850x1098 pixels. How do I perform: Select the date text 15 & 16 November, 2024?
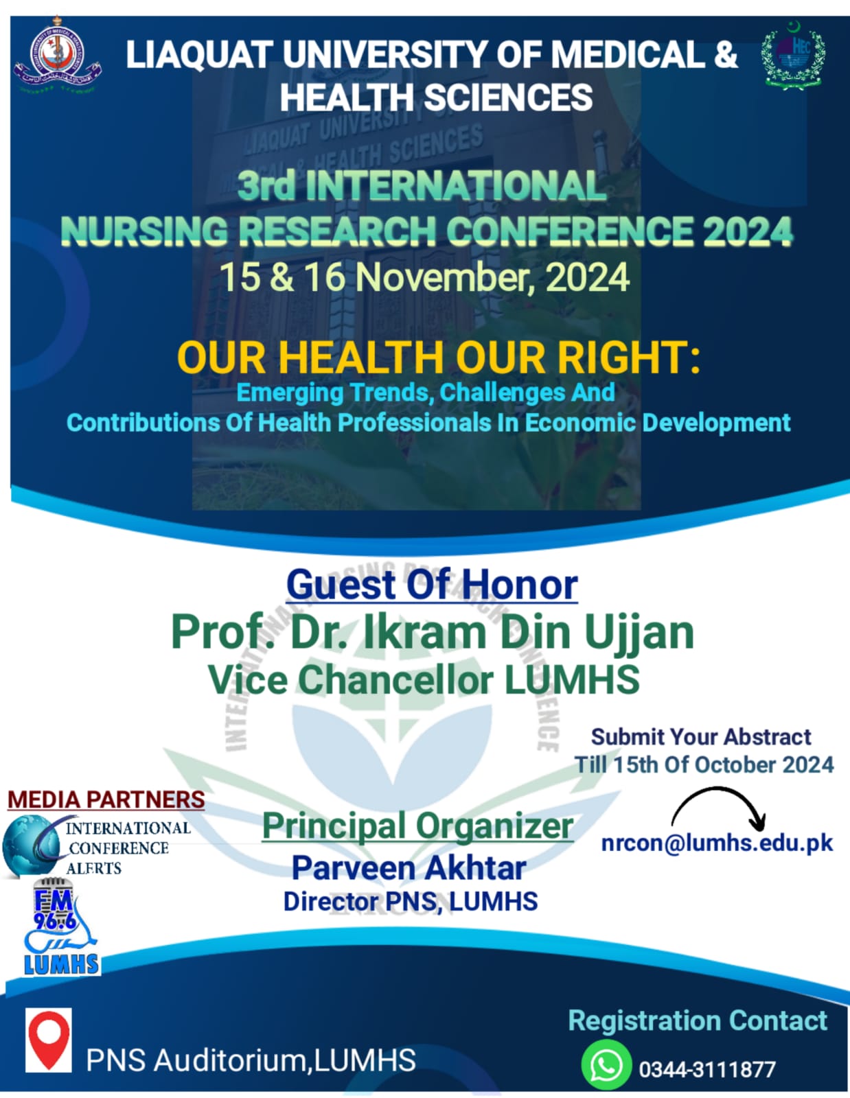(x=424, y=277)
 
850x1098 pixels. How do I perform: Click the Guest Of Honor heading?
(x=432, y=585)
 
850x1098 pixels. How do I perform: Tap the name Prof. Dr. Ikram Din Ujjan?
(x=432, y=632)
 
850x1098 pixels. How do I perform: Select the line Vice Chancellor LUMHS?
(x=424, y=679)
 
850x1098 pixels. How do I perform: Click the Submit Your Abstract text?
(x=701, y=737)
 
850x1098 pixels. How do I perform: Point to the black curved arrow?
(x=721, y=806)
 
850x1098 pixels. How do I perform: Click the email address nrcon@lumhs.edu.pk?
(x=717, y=843)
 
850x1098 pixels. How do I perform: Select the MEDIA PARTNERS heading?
(x=106, y=799)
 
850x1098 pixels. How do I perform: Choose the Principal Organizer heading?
(x=417, y=826)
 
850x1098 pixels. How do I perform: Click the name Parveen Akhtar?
(x=409, y=868)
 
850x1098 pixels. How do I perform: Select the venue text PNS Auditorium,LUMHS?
(x=251, y=1060)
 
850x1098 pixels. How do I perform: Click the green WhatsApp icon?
(x=606, y=1065)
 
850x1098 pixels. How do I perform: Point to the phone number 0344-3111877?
(x=707, y=1069)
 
